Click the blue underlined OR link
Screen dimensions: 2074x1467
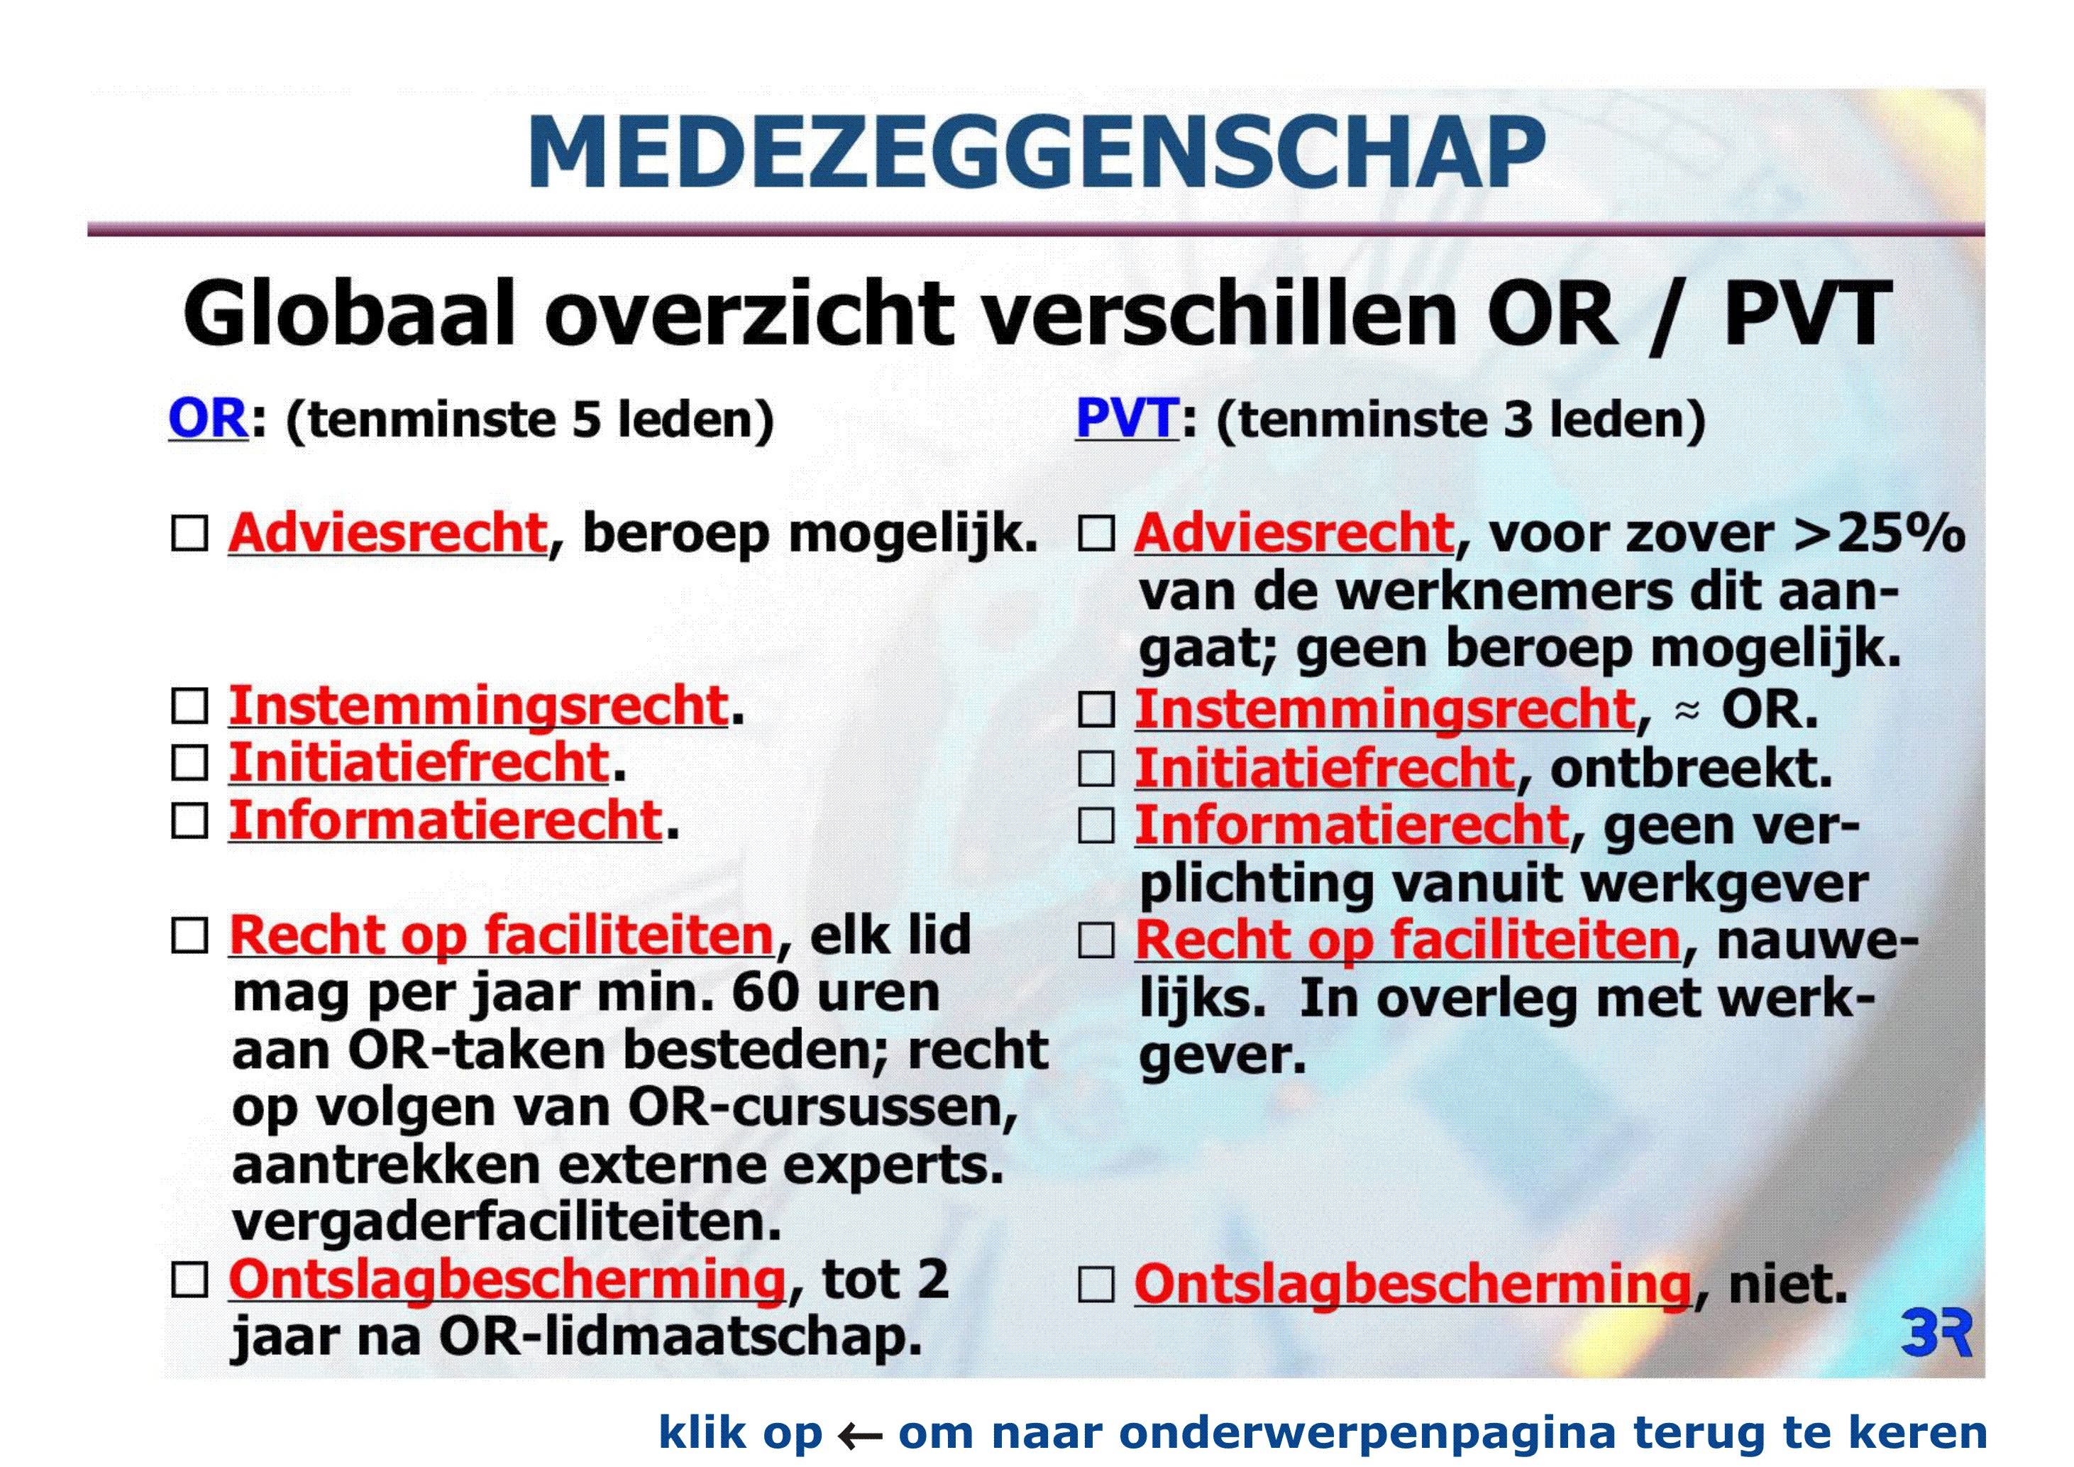point(208,419)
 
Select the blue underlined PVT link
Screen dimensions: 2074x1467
point(1127,419)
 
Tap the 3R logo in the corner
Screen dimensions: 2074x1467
point(1935,1334)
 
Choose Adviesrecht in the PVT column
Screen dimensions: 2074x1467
point(1294,533)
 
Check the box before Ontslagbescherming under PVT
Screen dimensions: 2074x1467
point(1097,1285)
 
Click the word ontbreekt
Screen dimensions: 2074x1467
point(1691,768)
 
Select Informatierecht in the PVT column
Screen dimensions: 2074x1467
point(1352,825)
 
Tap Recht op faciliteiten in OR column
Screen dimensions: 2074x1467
point(502,936)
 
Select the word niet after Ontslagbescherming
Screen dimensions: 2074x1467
point(1787,1285)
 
